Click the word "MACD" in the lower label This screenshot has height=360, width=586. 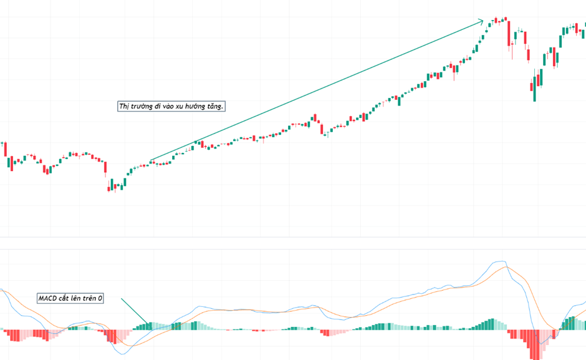(47, 299)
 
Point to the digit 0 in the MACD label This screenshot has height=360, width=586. (100, 299)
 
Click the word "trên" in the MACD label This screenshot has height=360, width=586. (89, 299)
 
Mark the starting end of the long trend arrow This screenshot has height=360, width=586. (150, 161)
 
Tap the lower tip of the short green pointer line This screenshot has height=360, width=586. (148, 324)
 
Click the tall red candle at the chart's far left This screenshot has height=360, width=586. (5, 149)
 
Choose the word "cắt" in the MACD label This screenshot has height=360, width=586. (65, 299)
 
